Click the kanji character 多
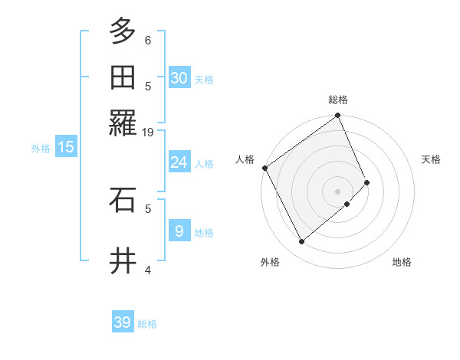pyautogui.click(x=123, y=31)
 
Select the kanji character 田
pyautogui.click(x=123, y=77)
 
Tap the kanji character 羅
pyautogui.click(x=123, y=123)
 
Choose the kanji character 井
pyautogui.click(x=123, y=260)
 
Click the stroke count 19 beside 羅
pyautogui.click(x=148, y=133)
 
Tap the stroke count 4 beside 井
pyautogui.click(x=148, y=270)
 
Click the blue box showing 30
pyautogui.click(x=179, y=77)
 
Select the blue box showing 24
pyautogui.click(x=179, y=162)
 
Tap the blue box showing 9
pyautogui.click(x=179, y=231)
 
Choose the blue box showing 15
pyautogui.click(x=65, y=147)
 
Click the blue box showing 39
pyautogui.click(x=123, y=322)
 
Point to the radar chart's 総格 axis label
pyautogui.click(x=338, y=100)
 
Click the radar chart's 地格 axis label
pyautogui.click(x=402, y=262)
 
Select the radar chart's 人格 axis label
pyautogui.click(x=245, y=159)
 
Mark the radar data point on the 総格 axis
pyautogui.click(x=337, y=116)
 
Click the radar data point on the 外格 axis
pyautogui.click(x=301, y=242)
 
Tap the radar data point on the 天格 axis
pyautogui.click(x=367, y=182)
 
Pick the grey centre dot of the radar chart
pyautogui.click(x=337, y=191)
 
